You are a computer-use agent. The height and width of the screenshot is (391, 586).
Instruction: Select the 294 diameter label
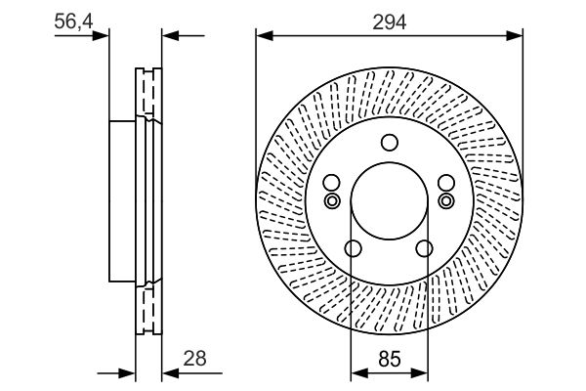tap(389, 19)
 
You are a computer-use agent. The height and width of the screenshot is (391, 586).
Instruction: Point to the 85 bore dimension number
tap(389, 358)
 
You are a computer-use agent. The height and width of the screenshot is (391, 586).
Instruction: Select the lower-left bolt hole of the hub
tap(354, 249)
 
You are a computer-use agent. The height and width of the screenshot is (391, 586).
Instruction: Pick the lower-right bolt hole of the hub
tap(424, 249)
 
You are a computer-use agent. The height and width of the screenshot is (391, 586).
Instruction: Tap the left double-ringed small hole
tap(331, 200)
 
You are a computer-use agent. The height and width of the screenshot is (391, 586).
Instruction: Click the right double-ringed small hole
tap(446, 200)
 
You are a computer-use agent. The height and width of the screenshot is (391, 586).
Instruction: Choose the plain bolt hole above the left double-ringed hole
tap(331, 183)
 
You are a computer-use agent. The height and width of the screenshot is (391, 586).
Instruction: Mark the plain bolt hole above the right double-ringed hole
tap(446, 183)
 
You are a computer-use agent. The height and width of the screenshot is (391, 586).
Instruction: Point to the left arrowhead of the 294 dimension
tap(263, 36)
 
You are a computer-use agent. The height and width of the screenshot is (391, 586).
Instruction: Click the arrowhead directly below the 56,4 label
tap(101, 36)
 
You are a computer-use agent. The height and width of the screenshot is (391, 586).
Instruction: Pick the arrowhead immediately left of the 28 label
tap(167, 372)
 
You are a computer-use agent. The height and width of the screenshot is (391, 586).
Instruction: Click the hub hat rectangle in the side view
tap(120, 200)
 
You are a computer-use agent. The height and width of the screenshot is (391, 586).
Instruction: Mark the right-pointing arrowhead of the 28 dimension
tap(127, 372)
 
